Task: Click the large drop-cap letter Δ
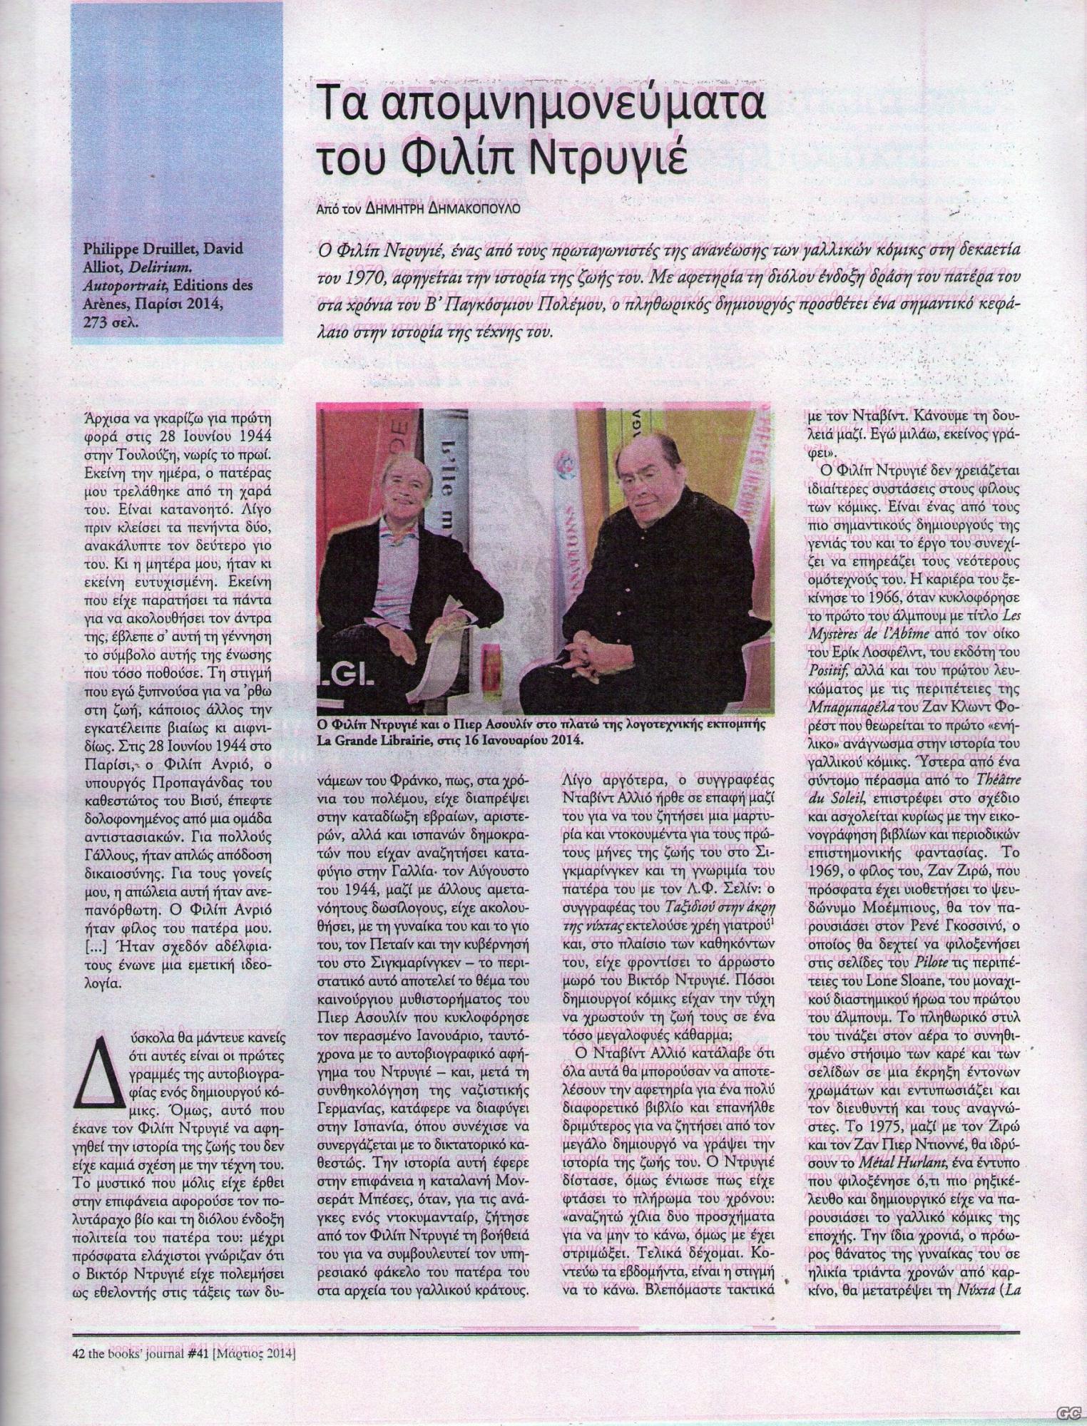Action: [x=98, y=1060]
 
